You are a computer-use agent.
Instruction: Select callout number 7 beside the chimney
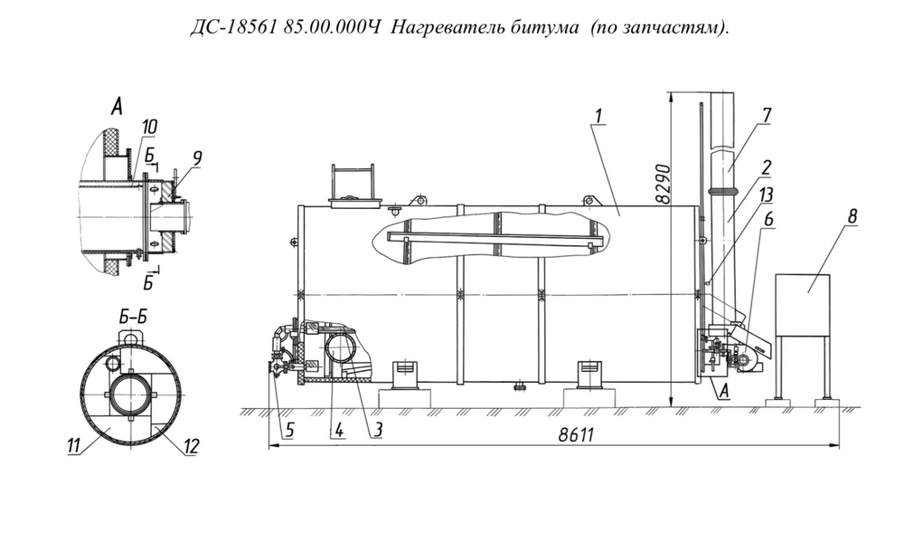(766, 116)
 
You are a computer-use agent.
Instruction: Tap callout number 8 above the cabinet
(852, 217)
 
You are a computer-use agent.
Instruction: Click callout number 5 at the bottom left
(288, 430)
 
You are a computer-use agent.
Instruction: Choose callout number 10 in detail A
(148, 124)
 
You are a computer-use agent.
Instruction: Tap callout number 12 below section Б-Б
(191, 444)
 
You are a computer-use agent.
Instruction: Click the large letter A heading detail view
(116, 108)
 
